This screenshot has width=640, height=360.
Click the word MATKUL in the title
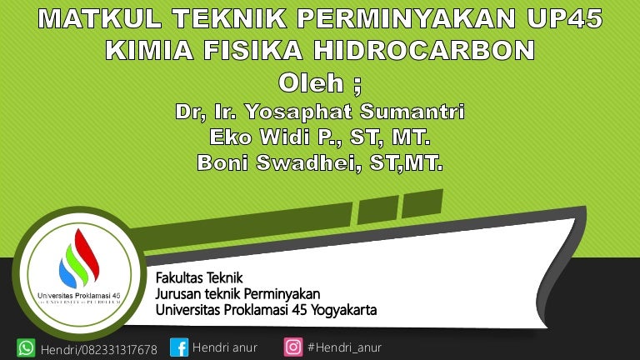tap(100, 18)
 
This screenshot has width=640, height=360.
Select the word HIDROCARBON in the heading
tap(424, 50)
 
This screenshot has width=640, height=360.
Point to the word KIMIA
tap(149, 50)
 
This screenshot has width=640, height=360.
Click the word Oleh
tap(311, 82)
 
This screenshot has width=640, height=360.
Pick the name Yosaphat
tap(298, 112)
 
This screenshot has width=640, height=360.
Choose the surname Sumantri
tap(412, 112)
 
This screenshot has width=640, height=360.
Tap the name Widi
tap(285, 137)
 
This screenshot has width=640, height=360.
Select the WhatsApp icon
tap(26, 348)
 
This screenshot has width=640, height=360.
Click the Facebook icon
tap(179, 347)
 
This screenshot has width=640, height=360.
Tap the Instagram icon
tap(293, 347)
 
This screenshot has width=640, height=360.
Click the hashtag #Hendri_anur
tap(344, 347)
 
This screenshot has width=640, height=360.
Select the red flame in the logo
tap(87, 254)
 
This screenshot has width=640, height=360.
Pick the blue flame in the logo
tap(67, 274)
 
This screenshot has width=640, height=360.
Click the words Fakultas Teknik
tap(199, 278)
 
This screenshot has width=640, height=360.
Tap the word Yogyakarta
tap(343, 310)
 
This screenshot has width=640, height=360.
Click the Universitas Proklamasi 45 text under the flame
tap(79, 296)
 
